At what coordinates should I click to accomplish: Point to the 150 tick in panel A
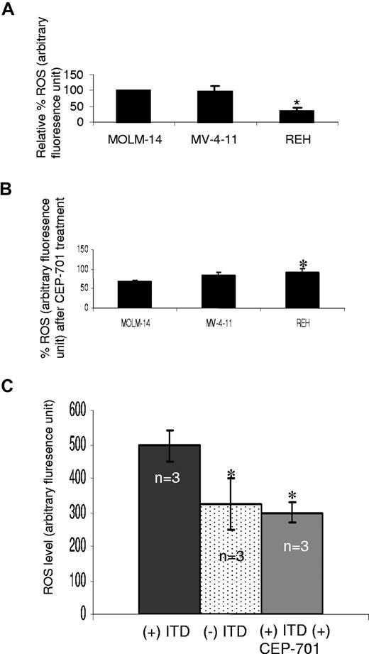coord(71,73)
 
